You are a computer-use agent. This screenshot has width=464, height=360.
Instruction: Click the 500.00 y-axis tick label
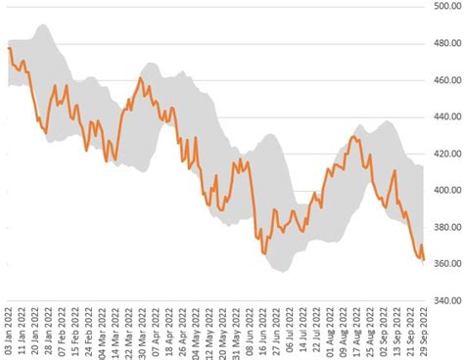coord(446,7)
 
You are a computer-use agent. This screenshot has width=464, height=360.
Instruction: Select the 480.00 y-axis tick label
coord(446,44)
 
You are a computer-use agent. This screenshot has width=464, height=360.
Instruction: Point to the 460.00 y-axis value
coord(446,81)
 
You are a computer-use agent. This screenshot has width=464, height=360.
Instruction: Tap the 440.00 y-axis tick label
coord(446,117)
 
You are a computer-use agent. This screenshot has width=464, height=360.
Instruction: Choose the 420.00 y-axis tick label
coord(446,155)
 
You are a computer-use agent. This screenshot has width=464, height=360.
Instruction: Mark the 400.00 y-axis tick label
coord(446,191)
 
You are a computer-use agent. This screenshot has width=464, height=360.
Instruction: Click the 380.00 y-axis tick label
coord(446,228)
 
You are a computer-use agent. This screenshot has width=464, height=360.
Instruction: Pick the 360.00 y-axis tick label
coord(446,264)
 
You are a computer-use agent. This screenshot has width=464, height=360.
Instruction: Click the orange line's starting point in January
coord(9,48)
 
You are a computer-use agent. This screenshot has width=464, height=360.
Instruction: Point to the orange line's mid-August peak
coord(353,137)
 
